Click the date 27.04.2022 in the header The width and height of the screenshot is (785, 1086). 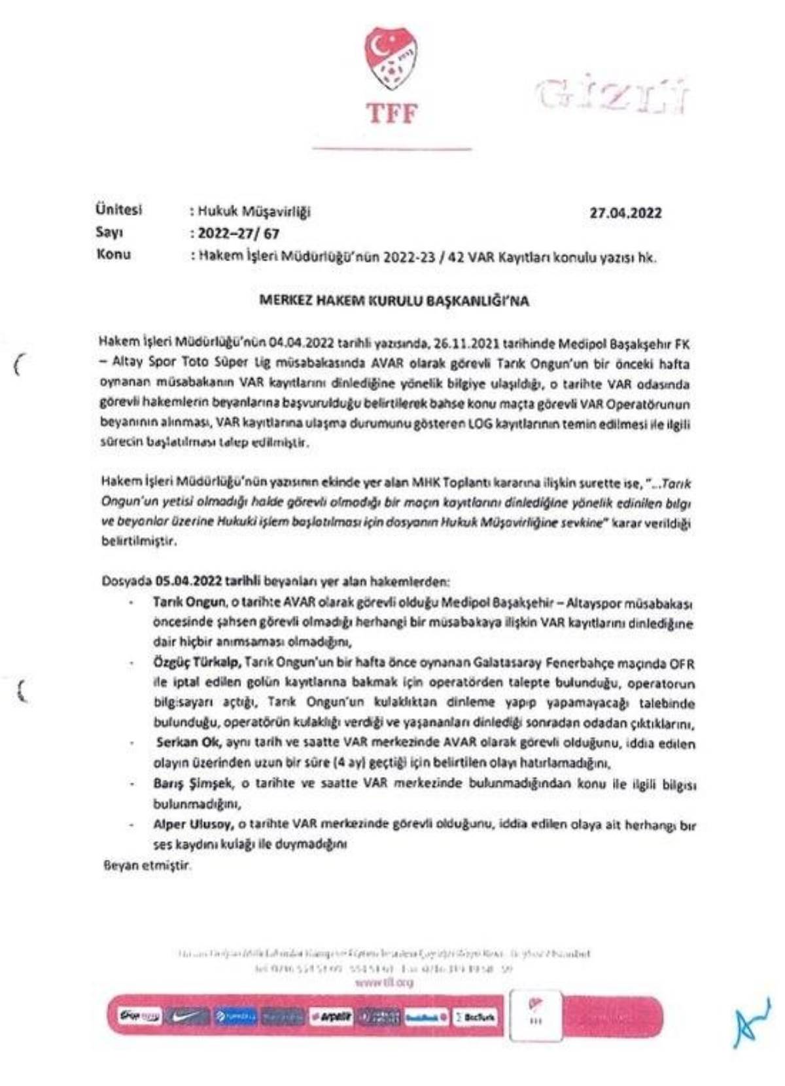pos(625,213)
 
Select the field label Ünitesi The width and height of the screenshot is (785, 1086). pos(118,210)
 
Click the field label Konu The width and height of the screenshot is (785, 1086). pos(113,254)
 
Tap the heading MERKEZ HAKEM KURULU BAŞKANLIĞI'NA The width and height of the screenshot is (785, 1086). pos(394,302)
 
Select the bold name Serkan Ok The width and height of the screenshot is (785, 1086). pos(189,743)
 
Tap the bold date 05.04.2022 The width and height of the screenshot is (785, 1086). pos(188,581)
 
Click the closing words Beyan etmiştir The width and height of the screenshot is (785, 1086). pos(147,866)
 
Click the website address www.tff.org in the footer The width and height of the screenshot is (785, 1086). pos(384,982)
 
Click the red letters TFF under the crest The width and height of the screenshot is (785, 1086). pos(391,113)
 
